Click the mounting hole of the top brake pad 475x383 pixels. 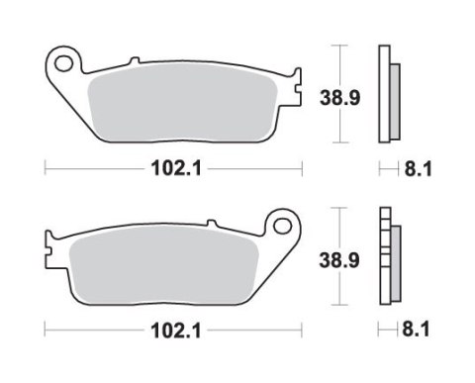click(x=66, y=66)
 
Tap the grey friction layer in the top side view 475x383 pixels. click(x=395, y=99)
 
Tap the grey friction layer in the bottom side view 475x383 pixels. click(x=395, y=259)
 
